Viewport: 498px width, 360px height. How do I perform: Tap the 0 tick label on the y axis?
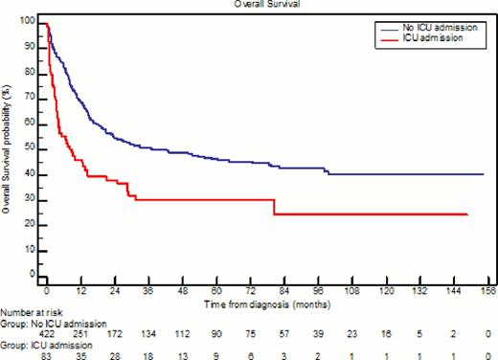pyautogui.click(x=34, y=274)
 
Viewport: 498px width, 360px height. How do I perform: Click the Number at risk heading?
pyautogui.click(x=31, y=311)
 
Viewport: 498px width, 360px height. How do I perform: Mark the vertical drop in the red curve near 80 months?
pyautogui.click(x=274, y=207)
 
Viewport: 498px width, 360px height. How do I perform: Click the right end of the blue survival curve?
pyautogui.click(x=482, y=174)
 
